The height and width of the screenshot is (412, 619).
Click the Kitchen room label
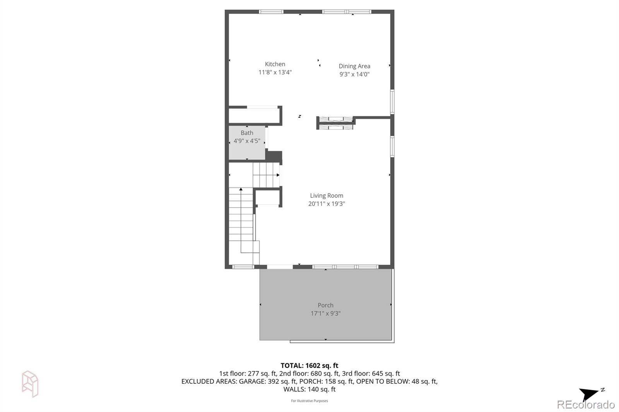(x=275, y=64)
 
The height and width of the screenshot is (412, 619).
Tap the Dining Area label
(x=354, y=66)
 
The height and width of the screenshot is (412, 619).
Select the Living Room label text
(x=327, y=196)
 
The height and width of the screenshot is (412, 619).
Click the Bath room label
(x=247, y=133)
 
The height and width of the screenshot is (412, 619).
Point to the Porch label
(x=326, y=305)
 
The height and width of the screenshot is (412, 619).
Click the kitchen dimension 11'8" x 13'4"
(x=275, y=72)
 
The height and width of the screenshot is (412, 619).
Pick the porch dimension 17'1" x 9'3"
(x=326, y=313)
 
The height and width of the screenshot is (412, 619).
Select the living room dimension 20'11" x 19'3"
(x=327, y=204)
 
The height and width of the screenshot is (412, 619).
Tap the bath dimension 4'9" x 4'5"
(x=247, y=141)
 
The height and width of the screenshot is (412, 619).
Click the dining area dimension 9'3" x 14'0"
(x=354, y=74)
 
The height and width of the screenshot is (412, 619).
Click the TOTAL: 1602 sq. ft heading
(x=309, y=365)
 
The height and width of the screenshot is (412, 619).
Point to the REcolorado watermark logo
(x=586, y=405)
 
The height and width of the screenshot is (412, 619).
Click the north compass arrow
(x=589, y=394)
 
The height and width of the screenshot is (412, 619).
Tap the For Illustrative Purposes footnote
(x=309, y=401)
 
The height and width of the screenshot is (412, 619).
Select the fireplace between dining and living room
(x=335, y=123)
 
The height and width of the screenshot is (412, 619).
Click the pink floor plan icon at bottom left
(x=30, y=384)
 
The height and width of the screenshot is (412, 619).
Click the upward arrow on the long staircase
(x=241, y=189)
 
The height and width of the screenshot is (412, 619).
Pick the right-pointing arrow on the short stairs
(x=278, y=175)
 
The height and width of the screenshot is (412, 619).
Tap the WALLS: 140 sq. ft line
(x=309, y=390)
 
